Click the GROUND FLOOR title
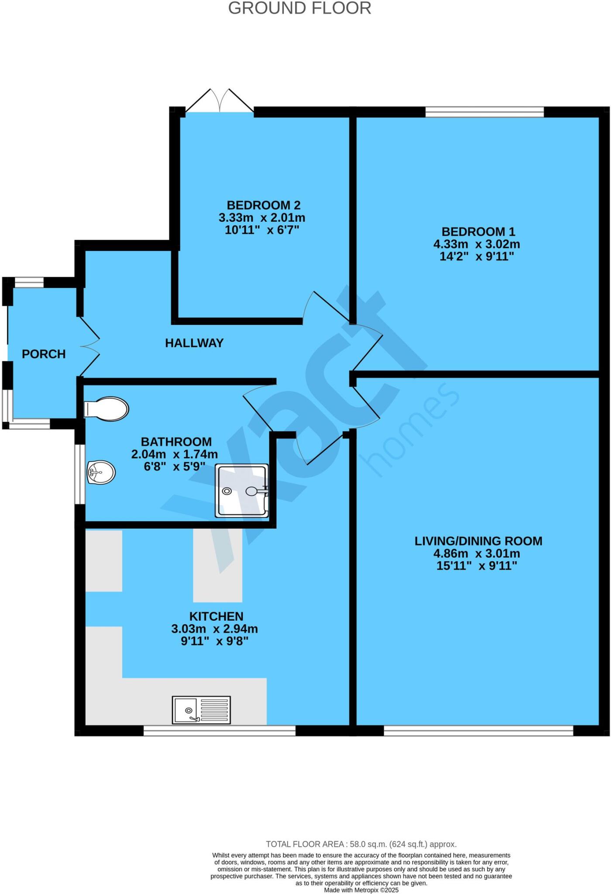coord(299,9)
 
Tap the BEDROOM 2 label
coord(263,205)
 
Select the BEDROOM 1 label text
coord(478,232)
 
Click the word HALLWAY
coord(194,343)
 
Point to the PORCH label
coord(44,354)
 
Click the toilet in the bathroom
coord(106,409)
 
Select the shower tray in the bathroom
coord(241,491)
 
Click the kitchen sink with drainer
coord(201,710)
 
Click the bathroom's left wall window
coord(79,474)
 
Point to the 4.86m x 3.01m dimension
coord(476,554)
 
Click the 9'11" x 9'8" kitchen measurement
coord(214,642)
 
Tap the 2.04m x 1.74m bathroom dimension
coord(174,454)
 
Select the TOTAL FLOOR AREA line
coord(361,844)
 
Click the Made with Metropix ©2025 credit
coord(361,890)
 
